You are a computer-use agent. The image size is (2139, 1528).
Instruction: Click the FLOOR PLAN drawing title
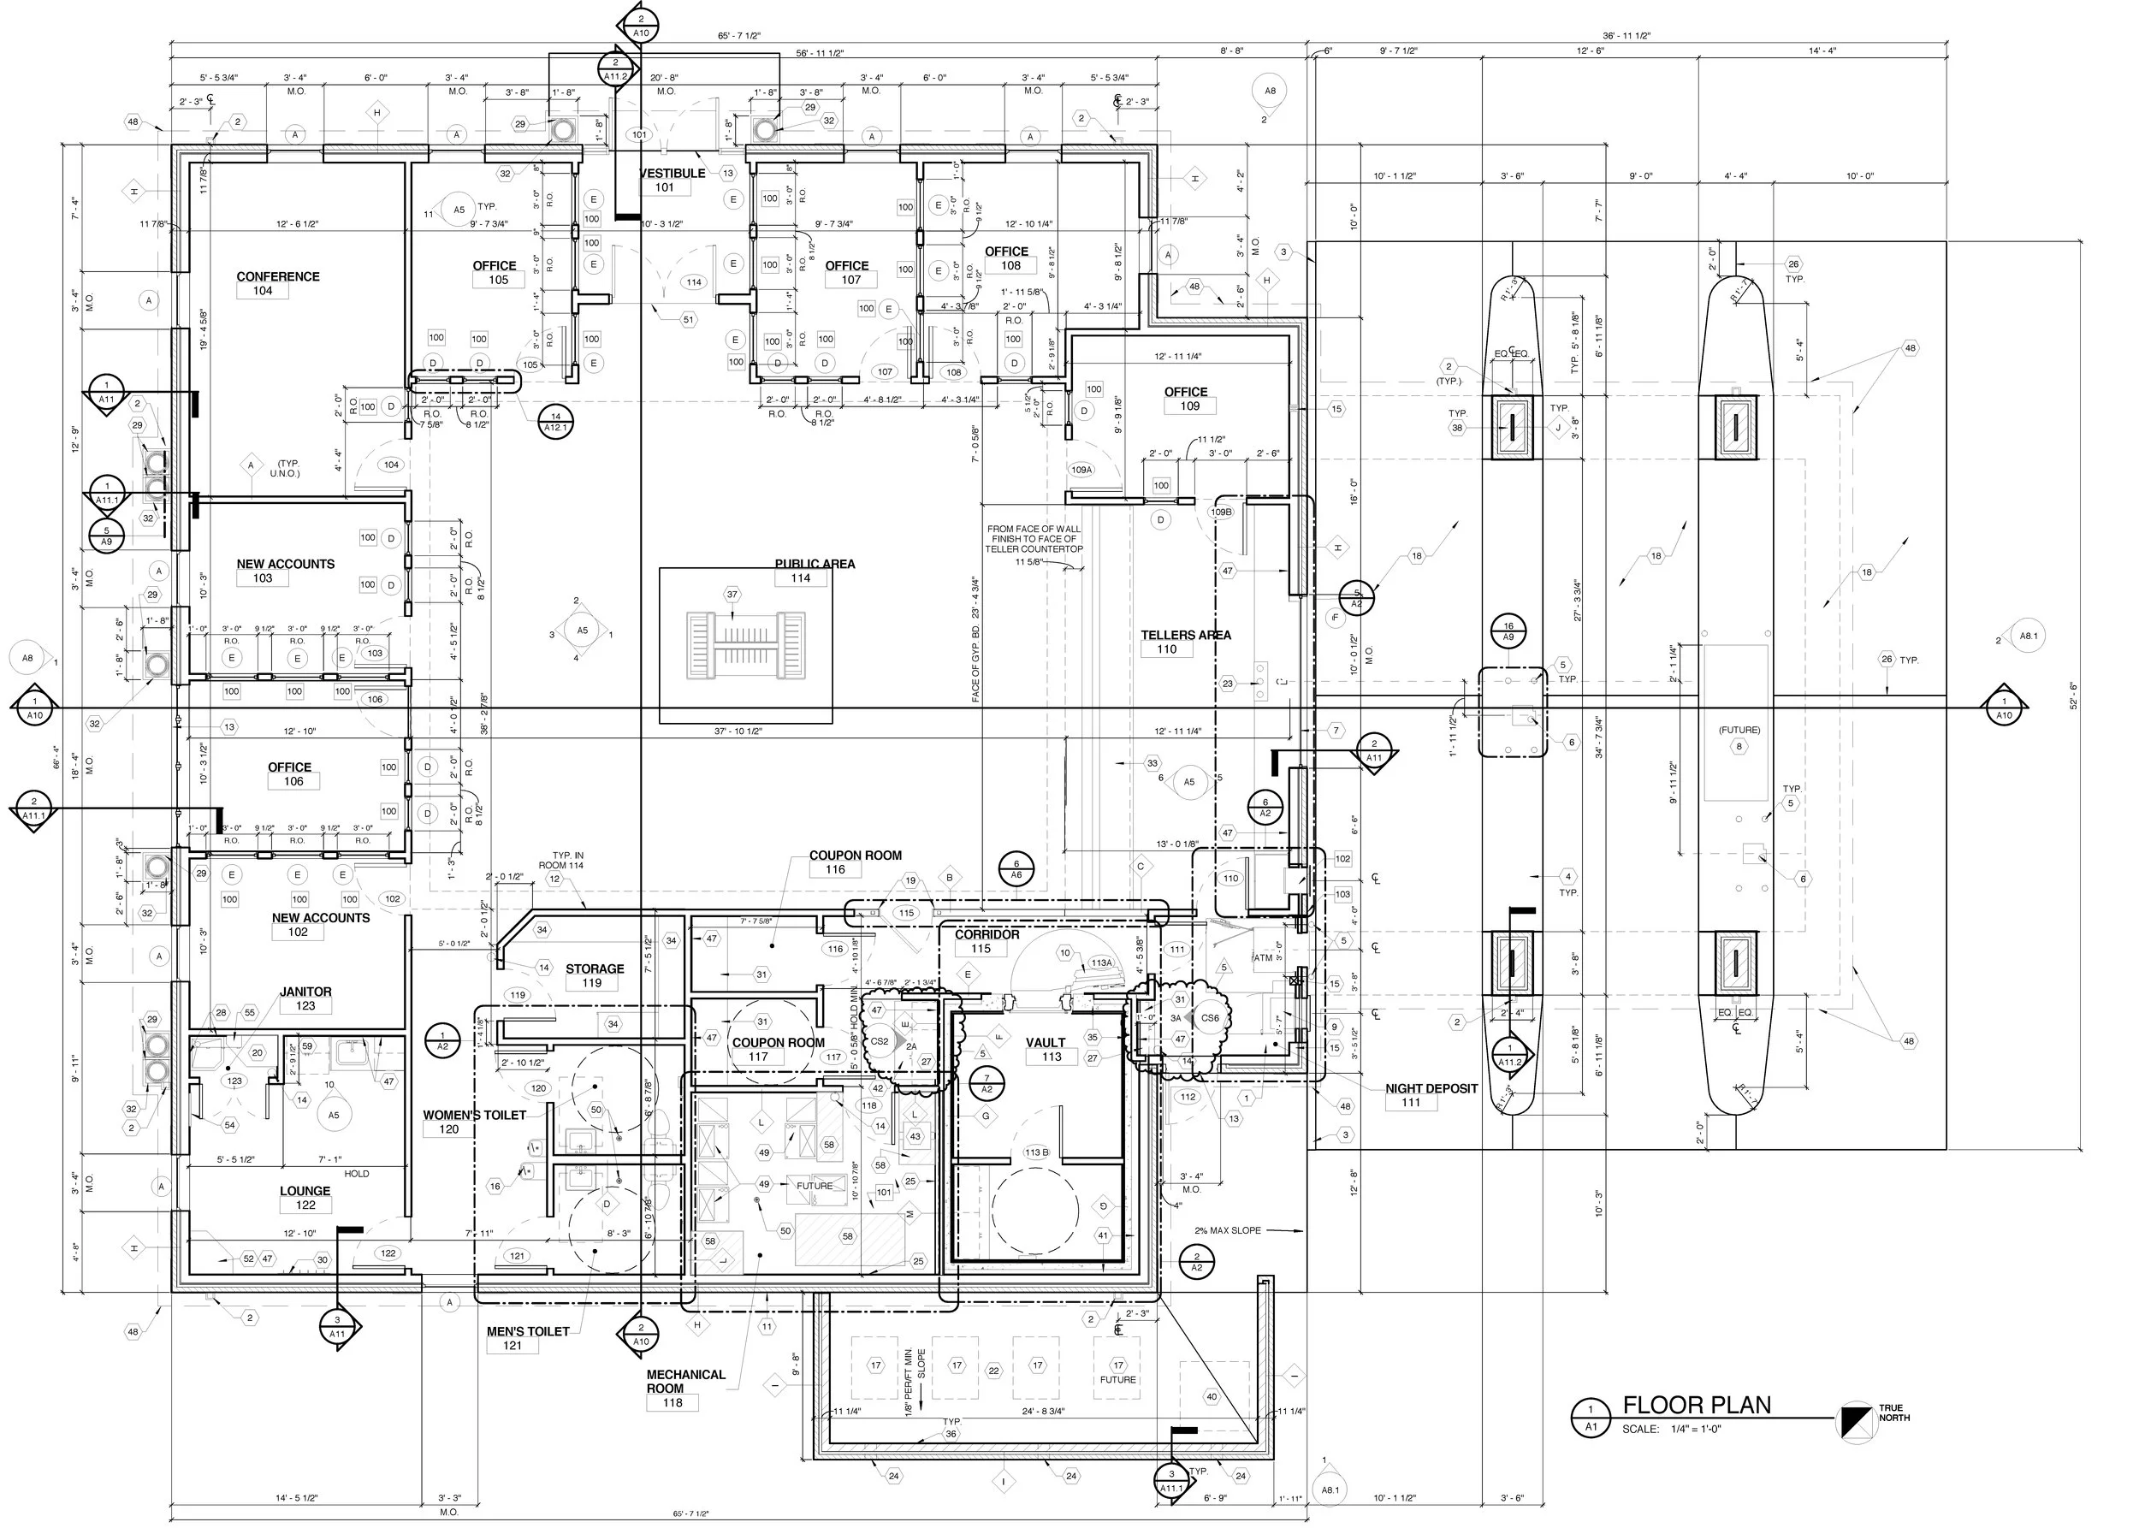(x=1697, y=1406)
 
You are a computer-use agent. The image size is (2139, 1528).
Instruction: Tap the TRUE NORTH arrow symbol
(x=1858, y=1418)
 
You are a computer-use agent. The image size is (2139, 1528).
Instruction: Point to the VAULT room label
(x=1046, y=1043)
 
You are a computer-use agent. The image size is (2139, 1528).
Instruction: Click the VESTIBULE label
(x=672, y=173)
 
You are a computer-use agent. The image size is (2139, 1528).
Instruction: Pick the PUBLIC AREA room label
(x=815, y=564)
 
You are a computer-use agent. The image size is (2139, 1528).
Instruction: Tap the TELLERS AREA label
(x=1186, y=635)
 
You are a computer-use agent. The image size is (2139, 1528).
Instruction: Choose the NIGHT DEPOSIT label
(x=1431, y=1088)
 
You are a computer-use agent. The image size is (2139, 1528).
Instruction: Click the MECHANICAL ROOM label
(x=686, y=1381)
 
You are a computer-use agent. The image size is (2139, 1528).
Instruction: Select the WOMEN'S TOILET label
(x=474, y=1115)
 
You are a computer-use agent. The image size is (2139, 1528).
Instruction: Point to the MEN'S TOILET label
(x=528, y=1331)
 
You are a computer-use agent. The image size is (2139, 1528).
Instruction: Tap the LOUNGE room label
(x=305, y=1191)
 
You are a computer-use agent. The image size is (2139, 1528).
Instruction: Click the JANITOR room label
(x=305, y=992)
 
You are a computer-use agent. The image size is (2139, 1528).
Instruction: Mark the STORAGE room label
(x=595, y=969)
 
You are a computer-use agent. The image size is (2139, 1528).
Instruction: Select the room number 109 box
(x=1190, y=406)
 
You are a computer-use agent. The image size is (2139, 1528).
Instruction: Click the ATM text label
(x=1263, y=958)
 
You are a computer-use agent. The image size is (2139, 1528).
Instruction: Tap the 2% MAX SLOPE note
(x=1227, y=1230)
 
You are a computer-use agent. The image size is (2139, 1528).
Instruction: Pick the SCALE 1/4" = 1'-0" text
(x=1671, y=1430)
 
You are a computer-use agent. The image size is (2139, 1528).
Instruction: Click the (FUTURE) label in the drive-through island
(x=1739, y=730)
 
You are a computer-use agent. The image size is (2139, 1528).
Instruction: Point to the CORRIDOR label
(x=987, y=934)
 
